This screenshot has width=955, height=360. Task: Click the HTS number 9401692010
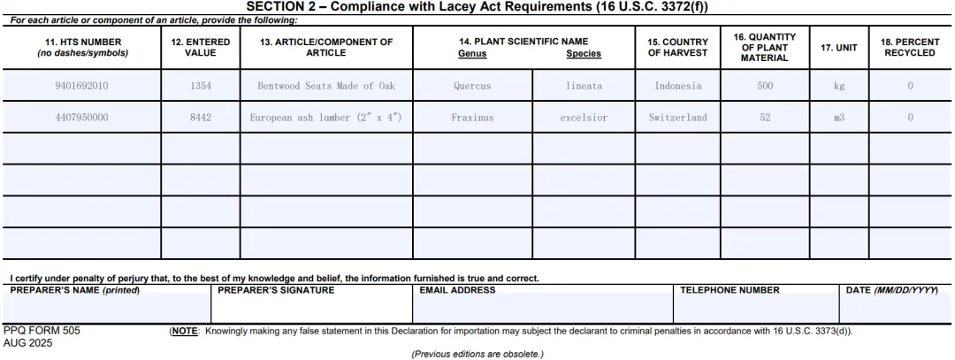click(x=82, y=86)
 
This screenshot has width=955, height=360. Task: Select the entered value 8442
click(x=201, y=117)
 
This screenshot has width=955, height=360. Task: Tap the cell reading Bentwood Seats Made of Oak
click(x=326, y=86)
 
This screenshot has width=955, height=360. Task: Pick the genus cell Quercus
click(x=472, y=86)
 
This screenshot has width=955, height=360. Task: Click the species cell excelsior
click(x=584, y=117)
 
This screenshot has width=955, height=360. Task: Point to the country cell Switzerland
click(x=678, y=117)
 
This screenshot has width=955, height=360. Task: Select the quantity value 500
click(x=765, y=86)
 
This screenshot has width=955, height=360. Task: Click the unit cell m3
click(x=839, y=117)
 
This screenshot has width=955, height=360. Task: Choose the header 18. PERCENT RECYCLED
click(x=910, y=47)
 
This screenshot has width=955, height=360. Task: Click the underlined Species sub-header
click(x=584, y=53)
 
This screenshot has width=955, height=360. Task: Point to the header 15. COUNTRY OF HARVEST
click(x=678, y=47)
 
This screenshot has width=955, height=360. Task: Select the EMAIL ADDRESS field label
click(x=457, y=289)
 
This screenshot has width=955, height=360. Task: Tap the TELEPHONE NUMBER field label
click(x=730, y=289)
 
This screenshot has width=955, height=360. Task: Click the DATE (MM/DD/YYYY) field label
click(x=891, y=289)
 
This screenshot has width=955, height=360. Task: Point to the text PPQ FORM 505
click(x=42, y=331)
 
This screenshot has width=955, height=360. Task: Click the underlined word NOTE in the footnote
click(x=185, y=331)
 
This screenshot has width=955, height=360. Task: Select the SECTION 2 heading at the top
click(x=477, y=7)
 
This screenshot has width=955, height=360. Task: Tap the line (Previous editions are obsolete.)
click(x=477, y=354)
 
